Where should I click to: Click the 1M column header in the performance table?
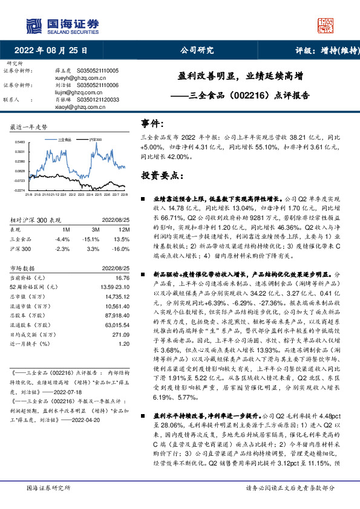[66, 230]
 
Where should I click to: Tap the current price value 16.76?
[122, 276]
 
